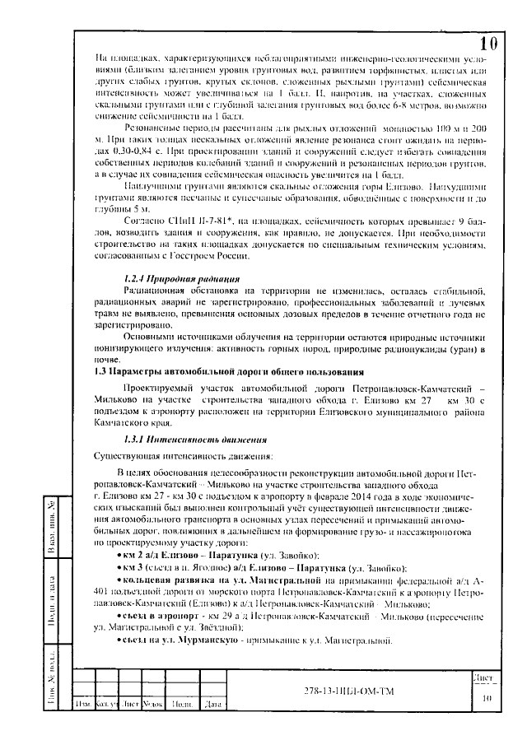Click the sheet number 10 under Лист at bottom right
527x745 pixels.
click(x=486, y=696)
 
